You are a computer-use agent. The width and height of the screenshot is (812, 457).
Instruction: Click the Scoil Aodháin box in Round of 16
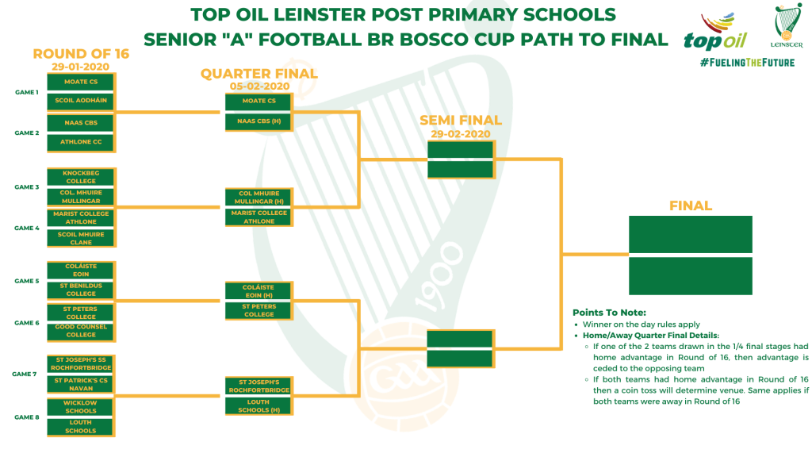click(81, 101)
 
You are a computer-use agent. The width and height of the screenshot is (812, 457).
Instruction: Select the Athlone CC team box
click(81, 142)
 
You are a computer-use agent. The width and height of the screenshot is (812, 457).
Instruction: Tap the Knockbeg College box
click(81, 177)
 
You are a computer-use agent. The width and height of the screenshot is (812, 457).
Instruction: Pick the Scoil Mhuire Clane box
click(81, 238)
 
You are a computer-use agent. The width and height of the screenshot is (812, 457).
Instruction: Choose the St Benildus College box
click(81, 290)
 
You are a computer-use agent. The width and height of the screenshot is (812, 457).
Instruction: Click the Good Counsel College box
click(81, 331)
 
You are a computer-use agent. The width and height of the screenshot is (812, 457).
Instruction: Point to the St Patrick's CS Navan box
click(81, 385)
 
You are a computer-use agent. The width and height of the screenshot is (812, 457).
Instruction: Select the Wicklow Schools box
click(80, 407)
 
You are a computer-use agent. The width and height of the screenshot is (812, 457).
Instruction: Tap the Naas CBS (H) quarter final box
click(259, 121)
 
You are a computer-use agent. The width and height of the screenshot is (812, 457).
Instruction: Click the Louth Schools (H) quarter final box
click(259, 405)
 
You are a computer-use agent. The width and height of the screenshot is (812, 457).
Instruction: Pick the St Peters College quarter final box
click(259, 311)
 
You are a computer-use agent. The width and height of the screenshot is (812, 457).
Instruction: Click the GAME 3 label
click(27, 187)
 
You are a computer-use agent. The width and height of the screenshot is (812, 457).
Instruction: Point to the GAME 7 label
click(25, 374)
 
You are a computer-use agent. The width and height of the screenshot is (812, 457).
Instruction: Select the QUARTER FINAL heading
click(259, 74)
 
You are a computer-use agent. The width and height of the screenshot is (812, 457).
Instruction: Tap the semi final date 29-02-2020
click(461, 134)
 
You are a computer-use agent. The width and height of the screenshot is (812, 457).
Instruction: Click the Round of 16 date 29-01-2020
click(81, 67)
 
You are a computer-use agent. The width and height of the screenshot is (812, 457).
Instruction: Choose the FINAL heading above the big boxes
click(691, 205)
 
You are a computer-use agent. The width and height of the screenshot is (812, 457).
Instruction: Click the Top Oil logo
click(716, 32)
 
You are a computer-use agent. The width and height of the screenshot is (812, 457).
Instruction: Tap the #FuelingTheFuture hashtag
click(747, 63)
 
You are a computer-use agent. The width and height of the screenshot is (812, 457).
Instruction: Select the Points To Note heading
click(609, 313)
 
